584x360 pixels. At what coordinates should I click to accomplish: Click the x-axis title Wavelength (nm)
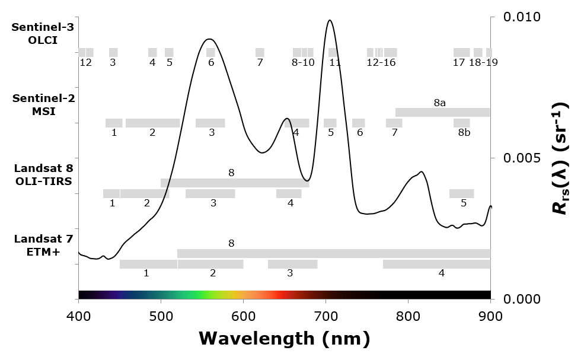click(x=284, y=338)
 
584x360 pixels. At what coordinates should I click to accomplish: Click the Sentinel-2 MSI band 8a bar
click(x=442, y=112)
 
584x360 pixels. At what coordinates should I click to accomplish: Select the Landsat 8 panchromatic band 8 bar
click(x=234, y=183)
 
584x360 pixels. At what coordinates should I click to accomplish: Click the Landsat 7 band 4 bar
click(x=436, y=264)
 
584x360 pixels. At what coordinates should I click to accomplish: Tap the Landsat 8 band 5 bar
click(x=461, y=193)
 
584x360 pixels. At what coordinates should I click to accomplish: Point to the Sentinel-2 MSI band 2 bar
click(x=152, y=123)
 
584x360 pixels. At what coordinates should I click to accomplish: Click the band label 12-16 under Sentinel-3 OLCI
click(x=381, y=62)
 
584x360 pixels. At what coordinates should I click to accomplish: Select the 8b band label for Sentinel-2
click(x=464, y=133)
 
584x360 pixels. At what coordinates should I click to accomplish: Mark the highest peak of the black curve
click(x=329, y=20)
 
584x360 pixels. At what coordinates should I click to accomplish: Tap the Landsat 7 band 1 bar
click(x=148, y=264)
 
